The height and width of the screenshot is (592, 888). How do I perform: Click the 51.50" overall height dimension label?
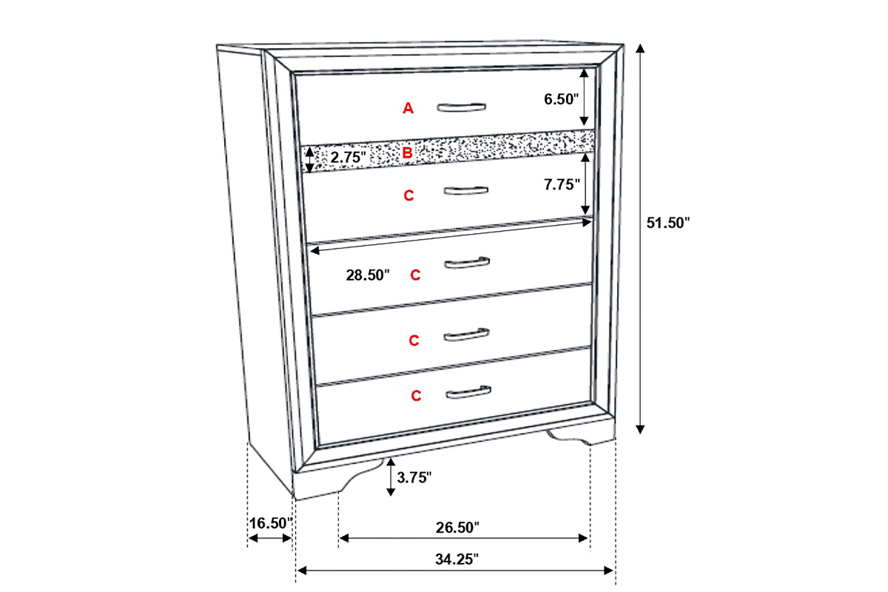[x=668, y=223]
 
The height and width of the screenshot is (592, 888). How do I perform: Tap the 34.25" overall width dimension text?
[x=457, y=559]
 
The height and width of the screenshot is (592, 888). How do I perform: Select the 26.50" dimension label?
[x=457, y=528]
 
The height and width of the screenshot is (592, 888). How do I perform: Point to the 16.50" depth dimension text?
[x=271, y=523]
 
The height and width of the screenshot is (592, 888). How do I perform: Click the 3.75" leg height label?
[x=414, y=477]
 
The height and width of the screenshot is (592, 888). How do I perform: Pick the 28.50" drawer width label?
[x=368, y=275]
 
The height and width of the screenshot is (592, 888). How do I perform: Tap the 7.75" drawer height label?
[x=562, y=184]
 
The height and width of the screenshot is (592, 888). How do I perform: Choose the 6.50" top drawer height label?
[x=562, y=99]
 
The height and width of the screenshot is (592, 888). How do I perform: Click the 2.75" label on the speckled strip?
[x=348, y=158]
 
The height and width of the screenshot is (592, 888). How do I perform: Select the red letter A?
[x=408, y=108]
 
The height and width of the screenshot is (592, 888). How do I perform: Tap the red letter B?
[x=407, y=153]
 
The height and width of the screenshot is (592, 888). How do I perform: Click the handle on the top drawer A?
[x=462, y=107]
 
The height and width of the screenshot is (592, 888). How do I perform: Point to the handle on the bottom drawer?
[x=468, y=391]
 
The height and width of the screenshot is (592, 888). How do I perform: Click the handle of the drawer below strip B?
[x=465, y=191]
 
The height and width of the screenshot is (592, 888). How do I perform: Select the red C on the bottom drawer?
[x=416, y=395]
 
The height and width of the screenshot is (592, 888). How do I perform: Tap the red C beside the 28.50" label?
[x=415, y=275]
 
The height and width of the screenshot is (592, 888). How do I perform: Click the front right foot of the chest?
[x=581, y=437]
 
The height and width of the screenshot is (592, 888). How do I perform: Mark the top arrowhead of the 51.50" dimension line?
[x=640, y=48]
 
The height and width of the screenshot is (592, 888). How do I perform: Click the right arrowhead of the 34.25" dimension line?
[x=608, y=571]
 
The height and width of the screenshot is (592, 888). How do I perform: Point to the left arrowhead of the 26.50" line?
[x=343, y=538]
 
